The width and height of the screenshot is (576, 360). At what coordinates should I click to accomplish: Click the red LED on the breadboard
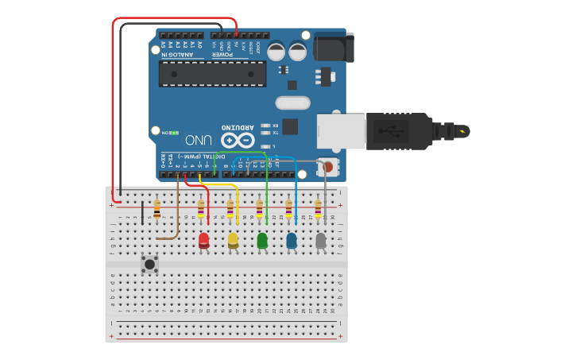(203, 240)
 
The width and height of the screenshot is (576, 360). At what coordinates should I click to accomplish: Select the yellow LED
(233, 240)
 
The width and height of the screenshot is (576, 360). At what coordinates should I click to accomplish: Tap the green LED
(262, 240)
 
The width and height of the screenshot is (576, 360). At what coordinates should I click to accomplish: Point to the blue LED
(292, 240)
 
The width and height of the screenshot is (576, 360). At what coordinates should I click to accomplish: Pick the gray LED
(321, 240)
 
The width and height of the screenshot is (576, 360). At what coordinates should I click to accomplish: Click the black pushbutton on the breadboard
(149, 263)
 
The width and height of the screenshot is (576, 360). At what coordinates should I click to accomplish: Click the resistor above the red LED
(201, 209)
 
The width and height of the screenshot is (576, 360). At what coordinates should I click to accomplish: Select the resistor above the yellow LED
(230, 209)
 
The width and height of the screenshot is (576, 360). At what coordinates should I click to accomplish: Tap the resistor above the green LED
(260, 209)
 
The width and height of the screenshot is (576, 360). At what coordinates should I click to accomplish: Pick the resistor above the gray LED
(318, 209)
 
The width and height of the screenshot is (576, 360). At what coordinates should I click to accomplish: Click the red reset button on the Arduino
(327, 167)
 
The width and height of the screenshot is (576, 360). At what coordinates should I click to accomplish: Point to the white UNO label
(198, 141)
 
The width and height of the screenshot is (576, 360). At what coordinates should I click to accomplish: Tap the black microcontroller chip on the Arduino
(212, 74)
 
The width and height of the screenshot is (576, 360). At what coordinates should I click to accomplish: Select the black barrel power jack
(332, 47)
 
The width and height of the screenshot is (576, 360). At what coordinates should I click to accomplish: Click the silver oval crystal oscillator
(292, 103)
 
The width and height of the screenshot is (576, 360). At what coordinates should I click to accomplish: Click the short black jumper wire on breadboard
(142, 213)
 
